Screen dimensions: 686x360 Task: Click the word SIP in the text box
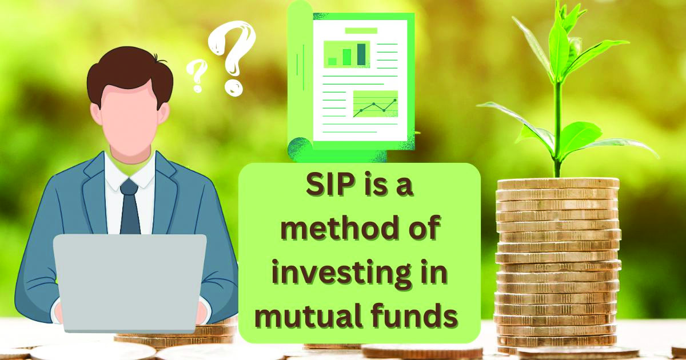(329, 186)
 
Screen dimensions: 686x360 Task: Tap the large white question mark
(232, 58)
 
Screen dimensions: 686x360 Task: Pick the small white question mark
(196, 75)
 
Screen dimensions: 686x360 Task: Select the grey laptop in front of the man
(130, 283)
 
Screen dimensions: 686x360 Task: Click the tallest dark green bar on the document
(361, 54)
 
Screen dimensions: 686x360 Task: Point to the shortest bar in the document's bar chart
(332, 62)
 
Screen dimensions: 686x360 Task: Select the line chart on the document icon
(376, 104)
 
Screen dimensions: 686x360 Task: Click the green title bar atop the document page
(361, 31)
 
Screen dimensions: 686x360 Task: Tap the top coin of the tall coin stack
(558, 183)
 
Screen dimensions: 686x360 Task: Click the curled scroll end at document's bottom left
(300, 149)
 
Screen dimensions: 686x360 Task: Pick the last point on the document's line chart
(395, 100)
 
